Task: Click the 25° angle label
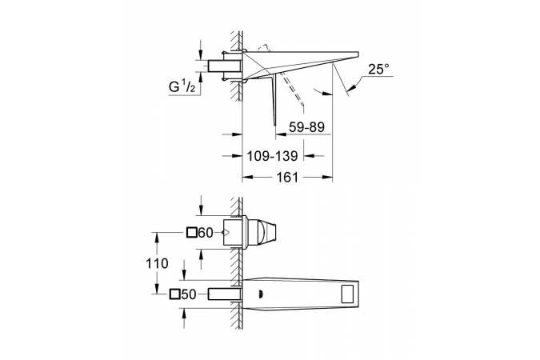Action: (378, 70)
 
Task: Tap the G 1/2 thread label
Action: (182, 86)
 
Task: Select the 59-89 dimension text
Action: (306, 127)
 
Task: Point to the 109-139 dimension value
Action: (273, 156)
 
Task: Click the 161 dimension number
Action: (287, 178)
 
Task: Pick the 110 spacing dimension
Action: (157, 263)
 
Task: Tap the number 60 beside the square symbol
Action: (206, 233)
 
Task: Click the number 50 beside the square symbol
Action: (188, 294)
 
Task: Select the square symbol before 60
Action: (191, 233)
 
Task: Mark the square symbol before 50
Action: (175, 294)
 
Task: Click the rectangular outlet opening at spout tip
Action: (350, 294)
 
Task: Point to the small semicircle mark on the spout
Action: (260, 294)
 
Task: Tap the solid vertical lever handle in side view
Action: (274, 100)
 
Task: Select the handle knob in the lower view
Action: (266, 232)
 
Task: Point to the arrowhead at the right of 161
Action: (327, 178)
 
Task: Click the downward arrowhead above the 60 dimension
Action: (202, 210)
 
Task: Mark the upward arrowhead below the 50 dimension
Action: (184, 313)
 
